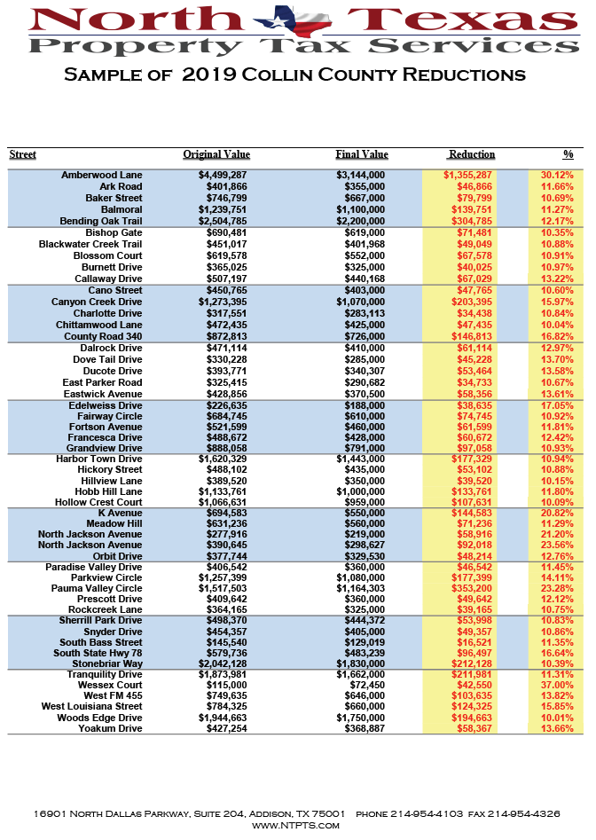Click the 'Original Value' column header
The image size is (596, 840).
216,154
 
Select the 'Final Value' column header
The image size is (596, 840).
361,154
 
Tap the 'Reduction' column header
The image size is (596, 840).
472,154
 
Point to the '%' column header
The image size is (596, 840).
568,154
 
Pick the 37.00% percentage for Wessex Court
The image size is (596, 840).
557,685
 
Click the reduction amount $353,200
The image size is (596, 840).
469,588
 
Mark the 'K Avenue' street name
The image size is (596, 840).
120,514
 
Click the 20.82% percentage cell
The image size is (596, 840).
557,514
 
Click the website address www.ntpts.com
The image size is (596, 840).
297,825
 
